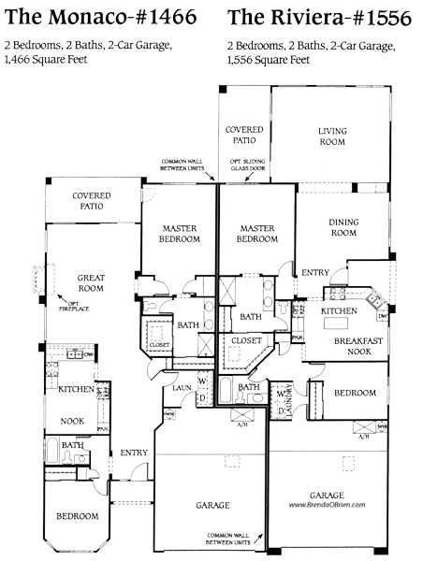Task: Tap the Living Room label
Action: pyautogui.click(x=331, y=137)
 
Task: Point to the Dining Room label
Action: pyautogui.click(x=343, y=227)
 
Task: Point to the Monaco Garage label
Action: pyautogui.click(x=211, y=505)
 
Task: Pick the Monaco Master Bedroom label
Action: pyautogui.click(x=178, y=234)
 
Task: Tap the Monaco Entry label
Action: pyautogui.click(x=134, y=453)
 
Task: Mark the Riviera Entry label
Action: pyautogui.click(x=314, y=272)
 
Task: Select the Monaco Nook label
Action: pyautogui.click(x=72, y=422)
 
